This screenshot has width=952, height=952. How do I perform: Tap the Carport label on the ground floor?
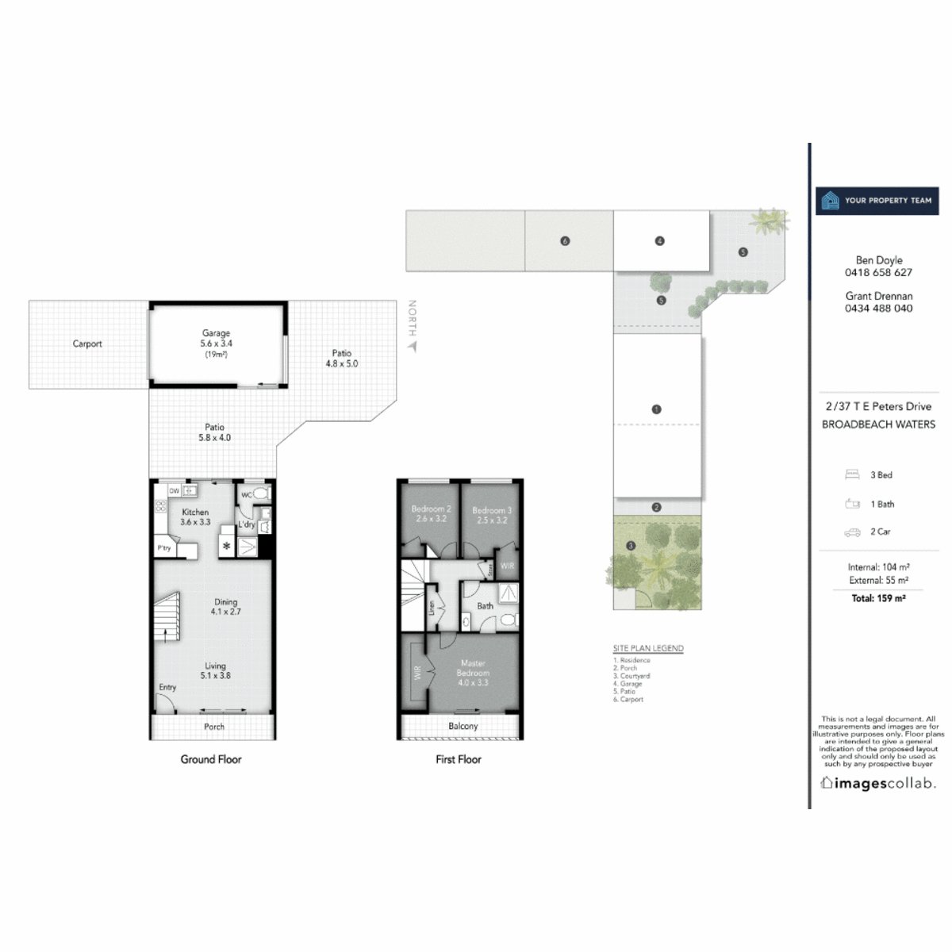[x=87, y=344]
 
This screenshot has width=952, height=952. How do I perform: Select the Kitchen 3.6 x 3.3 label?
[x=195, y=517]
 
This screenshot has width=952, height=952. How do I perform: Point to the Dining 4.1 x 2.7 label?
[x=225, y=607]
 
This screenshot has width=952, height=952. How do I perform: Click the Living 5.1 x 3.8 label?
[x=215, y=671]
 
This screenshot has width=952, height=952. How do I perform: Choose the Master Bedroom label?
[x=473, y=673]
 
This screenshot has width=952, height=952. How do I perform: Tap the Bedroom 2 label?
[x=431, y=514]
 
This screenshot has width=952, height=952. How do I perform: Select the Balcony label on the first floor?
[x=463, y=726]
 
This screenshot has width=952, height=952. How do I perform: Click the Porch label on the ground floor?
[x=214, y=727]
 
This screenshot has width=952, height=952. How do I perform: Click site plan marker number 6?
[x=565, y=240]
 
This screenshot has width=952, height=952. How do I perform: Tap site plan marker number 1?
[x=656, y=409]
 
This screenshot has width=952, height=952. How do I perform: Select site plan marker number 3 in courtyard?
[x=631, y=546]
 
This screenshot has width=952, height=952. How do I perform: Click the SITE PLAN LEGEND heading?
[x=648, y=648]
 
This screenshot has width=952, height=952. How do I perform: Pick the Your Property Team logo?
[x=877, y=201]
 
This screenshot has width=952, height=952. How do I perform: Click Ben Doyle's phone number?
[x=878, y=272]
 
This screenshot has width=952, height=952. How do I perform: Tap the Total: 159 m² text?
[x=878, y=598]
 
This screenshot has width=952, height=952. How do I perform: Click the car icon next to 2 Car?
[x=852, y=532]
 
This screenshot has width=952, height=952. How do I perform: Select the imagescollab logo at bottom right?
[x=877, y=784]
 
